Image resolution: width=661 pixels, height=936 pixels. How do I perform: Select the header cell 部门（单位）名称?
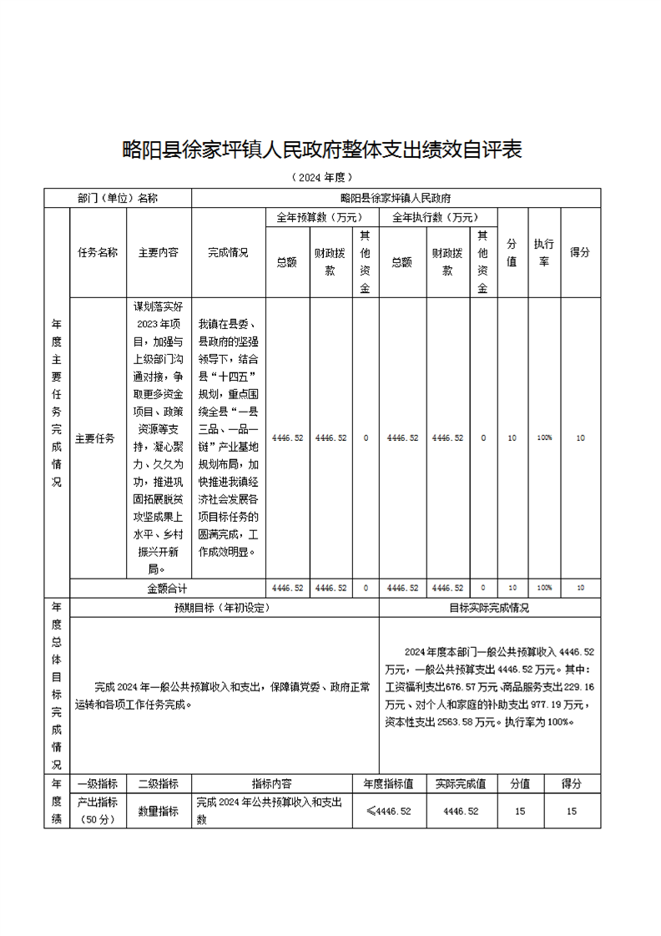click(118, 198)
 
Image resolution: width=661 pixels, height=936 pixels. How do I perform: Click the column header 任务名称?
click(98, 252)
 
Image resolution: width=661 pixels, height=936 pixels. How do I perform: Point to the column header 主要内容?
click(159, 252)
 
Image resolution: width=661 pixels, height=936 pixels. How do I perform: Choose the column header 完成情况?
click(228, 252)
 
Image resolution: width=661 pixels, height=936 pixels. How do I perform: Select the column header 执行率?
click(544, 252)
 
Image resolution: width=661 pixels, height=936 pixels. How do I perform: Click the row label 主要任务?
click(95, 438)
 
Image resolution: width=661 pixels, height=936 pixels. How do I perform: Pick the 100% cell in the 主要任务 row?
click(544, 438)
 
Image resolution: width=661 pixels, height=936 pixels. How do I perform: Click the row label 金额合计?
click(168, 588)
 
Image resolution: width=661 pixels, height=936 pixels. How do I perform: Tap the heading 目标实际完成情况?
click(489, 608)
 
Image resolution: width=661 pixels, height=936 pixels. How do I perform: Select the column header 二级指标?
click(159, 784)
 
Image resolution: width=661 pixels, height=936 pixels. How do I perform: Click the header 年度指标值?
click(389, 784)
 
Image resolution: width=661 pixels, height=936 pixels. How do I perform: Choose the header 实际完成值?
click(461, 784)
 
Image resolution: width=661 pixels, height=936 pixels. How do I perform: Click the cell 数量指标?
click(159, 811)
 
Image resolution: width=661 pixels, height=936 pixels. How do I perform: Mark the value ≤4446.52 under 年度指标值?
click(389, 811)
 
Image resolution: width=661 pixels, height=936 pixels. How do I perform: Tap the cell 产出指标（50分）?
click(98, 811)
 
